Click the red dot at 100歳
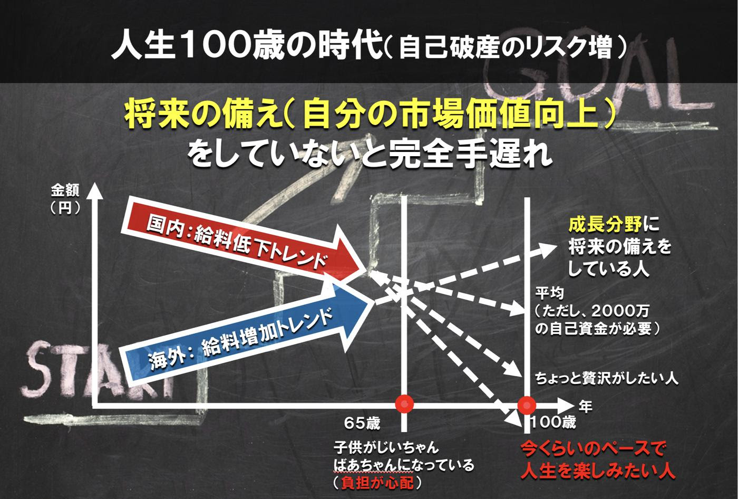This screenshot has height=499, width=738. pos(527,405)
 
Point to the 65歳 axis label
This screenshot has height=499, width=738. pos(362,424)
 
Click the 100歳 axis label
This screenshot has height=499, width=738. pos(553,423)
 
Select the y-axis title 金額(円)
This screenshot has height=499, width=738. pos(65,199)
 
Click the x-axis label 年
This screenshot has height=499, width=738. pos(586,407)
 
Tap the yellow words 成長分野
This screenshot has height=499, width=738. pos(605,225)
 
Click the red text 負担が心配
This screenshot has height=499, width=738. pos(377,483)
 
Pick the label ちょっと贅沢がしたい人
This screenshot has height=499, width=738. pos(607,378)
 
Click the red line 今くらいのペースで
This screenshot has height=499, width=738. pos(593,449)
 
